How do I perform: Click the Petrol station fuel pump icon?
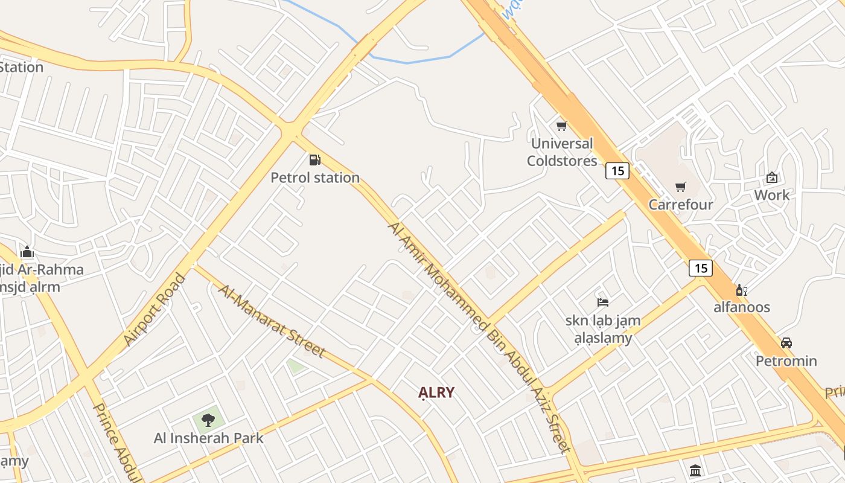(x=314, y=160)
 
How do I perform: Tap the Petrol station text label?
(x=315, y=178)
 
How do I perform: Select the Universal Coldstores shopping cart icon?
(x=561, y=126)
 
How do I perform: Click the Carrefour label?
(x=681, y=205)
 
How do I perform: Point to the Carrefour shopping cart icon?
(x=681, y=187)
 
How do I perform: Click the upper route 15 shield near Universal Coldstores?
(x=617, y=171)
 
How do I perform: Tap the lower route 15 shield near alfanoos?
(x=700, y=267)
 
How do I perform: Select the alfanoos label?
(x=742, y=307)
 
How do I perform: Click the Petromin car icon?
(x=786, y=343)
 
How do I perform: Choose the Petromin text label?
(x=786, y=361)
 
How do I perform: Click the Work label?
(x=771, y=195)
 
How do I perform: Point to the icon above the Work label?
(x=771, y=178)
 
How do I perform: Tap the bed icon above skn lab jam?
(x=602, y=302)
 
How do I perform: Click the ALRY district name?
(x=436, y=392)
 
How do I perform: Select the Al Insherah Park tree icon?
(x=208, y=420)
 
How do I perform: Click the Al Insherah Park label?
(x=209, y=438)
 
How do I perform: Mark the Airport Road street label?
(x=155, y=310)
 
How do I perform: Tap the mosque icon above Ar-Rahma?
(x=27, y=252)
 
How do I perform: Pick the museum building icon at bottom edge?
(x=695, y=470)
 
